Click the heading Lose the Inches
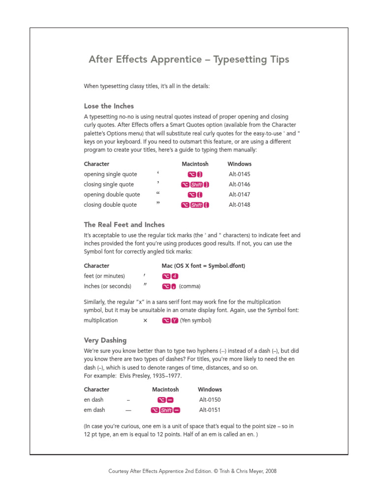tap(109, 106)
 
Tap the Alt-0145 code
tap(240, 174)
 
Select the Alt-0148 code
tap(240, 205)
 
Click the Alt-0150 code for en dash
tap(210, 400)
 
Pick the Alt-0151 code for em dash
tap(210, 410)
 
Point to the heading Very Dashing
tap(105, 340)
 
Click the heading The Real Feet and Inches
tap(124, 224)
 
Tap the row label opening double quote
tap(112, 194)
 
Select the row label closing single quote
tap(109, 185)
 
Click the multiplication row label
tap(101, 320)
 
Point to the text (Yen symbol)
tap(195, 320)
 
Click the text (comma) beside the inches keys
tap(189, 286)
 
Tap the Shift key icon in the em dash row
tap(166, 410)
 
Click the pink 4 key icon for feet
tap(175, 276)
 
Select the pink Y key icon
tap(175, 320)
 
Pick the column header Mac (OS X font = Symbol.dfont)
tap(203, 266)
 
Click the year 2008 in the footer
tap(270, 471)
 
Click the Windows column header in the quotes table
tap(239, 164)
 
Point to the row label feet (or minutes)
tap(104, 276)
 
